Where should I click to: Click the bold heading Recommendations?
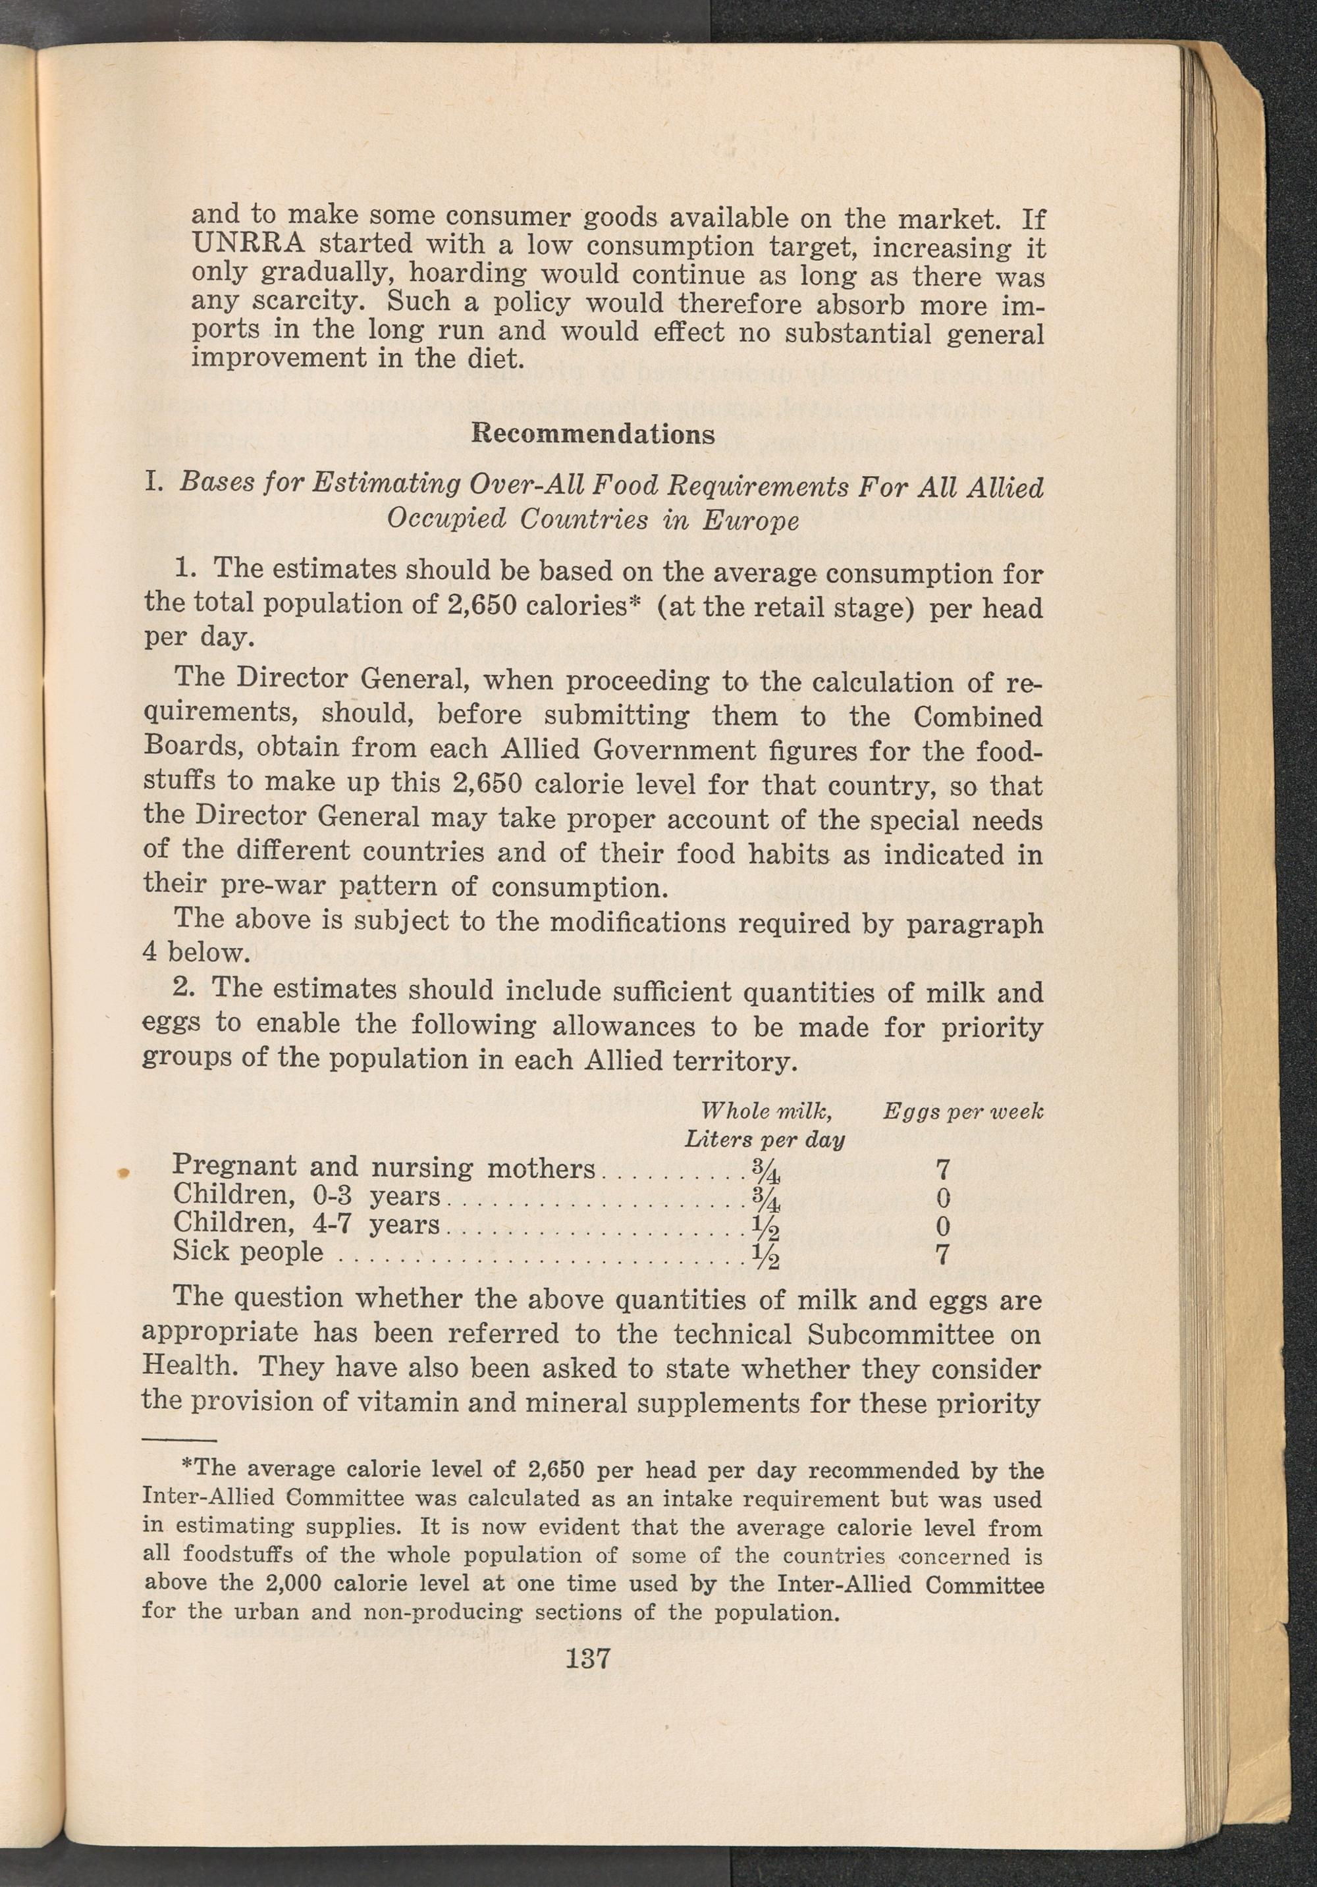click(x=593, y=433)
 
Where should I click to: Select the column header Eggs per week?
click(x=963, y=1111)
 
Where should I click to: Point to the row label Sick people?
click(x=248, y=1251)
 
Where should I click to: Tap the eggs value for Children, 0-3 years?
click(x=943, y=1196)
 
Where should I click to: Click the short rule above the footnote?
click(x=178, y=1440)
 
